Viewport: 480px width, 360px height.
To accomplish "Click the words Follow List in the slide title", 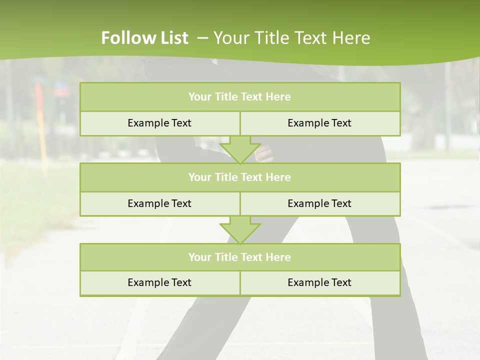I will coord(144,38).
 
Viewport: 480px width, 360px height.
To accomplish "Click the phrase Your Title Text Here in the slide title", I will coord(291,38).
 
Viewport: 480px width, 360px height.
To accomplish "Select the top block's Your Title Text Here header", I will coord(239,97).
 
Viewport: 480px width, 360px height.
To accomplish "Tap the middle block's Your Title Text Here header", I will coord(239,177).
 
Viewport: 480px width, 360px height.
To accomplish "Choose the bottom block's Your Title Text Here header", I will coord(239,257).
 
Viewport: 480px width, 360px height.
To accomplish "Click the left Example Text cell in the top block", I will coord(159,123).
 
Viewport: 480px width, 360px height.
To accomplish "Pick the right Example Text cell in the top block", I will coord(319,123).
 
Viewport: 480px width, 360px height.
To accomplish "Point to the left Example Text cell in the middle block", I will coord(159,203).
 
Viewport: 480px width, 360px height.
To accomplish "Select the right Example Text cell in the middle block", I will coord(319,203).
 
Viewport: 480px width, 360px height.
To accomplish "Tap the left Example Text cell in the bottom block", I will coord(159,282).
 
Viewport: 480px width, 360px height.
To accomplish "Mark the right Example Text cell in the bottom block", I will coord(319,282).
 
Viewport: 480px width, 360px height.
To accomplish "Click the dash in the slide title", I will coord(202,38).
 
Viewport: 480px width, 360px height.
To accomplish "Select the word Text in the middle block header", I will coord(252,177).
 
